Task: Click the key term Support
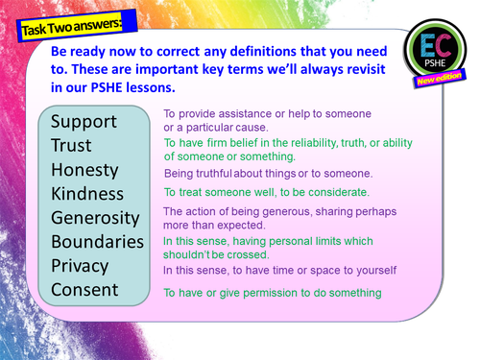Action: point(84,122)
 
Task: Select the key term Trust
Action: point(72,146)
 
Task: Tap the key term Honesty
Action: point(84,170)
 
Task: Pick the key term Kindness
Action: point(88,194)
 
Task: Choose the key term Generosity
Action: point(97,218)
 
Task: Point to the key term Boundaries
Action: point(97,241)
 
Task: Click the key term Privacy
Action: point(80,265)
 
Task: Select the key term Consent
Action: point(84,289)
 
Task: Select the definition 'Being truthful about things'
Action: point(268,173)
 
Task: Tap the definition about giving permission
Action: point(272,292)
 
